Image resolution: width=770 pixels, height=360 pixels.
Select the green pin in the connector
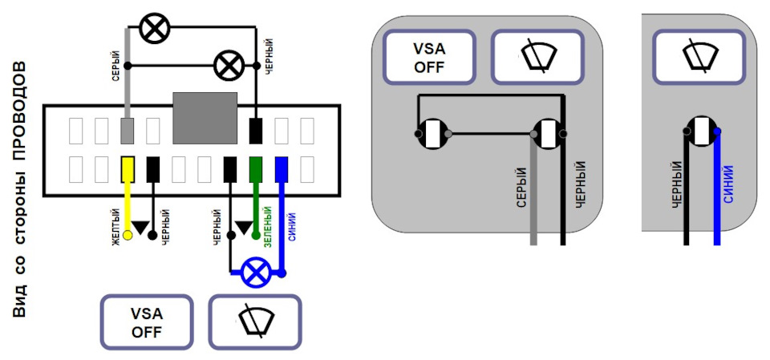point(256,168)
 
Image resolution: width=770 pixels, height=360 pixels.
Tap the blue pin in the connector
point(282,168)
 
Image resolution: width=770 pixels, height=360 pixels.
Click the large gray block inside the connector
point(205,117)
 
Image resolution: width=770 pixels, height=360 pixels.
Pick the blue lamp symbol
point(257,273)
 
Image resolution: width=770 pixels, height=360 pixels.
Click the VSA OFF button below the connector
point(147,322)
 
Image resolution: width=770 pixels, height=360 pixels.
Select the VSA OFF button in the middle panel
point(429,57)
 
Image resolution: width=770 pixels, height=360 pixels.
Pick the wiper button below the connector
point(255,322)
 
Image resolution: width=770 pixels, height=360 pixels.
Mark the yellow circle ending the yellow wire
point(128,237)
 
